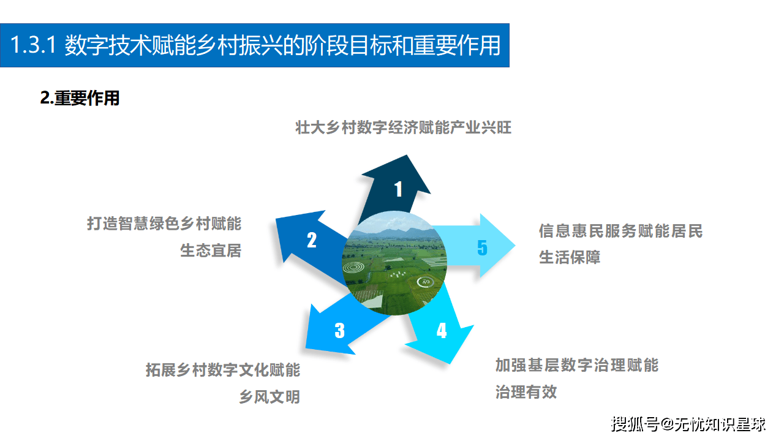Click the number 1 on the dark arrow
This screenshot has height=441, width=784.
(x=398, y=189)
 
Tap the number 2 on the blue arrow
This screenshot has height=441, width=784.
(x=312, y=240)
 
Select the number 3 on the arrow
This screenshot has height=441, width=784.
(x=339, y=331)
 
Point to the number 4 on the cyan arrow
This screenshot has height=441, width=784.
(x=442, y=331)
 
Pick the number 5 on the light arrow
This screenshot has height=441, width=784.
(x=482, y=247)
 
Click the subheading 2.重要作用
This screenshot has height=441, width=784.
(x=80, y=99)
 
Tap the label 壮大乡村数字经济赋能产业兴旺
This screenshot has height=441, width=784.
(x=403, y=128)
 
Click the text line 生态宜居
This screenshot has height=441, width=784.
(x=211, y=251)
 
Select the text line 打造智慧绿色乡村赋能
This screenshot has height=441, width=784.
(x=164, y=224)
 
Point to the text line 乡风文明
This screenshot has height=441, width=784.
(x=269, y=397)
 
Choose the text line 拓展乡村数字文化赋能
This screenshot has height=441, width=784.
(x=223, y=370)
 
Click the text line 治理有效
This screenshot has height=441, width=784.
(x=526, y=392)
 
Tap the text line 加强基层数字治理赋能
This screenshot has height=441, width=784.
(x=577, y=366)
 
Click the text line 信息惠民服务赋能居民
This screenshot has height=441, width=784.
(x=620, y=231)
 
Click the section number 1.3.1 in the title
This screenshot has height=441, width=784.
(x=34, y=46)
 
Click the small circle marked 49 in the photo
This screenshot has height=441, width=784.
(x=424, y=282)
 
